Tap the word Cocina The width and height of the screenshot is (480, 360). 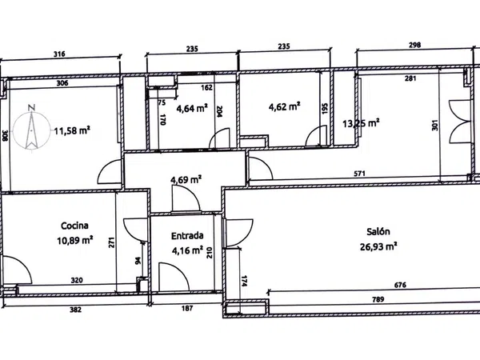click(74, 226)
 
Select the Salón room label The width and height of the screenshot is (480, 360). click(378, 231)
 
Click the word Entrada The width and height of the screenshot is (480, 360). click(187, 236)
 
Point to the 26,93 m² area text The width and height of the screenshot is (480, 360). click(378, 246)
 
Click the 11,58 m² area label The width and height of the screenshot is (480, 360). click(72, 131)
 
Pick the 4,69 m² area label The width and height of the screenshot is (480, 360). click(186, 179)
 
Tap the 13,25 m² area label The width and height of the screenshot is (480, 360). click(362, 124)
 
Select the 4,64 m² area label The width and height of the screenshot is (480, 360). click(192, 108)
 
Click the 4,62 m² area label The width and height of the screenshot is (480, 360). click(284, 107)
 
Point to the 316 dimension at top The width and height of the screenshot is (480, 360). click(59, 54)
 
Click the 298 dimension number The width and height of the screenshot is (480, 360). click(414, 45)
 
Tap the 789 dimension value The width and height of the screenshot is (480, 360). click(378, 299)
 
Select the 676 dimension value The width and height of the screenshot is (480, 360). click(400, 285)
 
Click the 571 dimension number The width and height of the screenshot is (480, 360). click(360, 174)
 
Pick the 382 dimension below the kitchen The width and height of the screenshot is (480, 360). click(76, 310)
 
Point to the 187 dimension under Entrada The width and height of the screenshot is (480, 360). click(187, 308)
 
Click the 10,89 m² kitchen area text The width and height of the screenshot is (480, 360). click(75, 240)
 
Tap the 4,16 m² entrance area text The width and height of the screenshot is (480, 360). click(188, 250)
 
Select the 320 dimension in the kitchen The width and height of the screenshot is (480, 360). click(77, 280)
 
